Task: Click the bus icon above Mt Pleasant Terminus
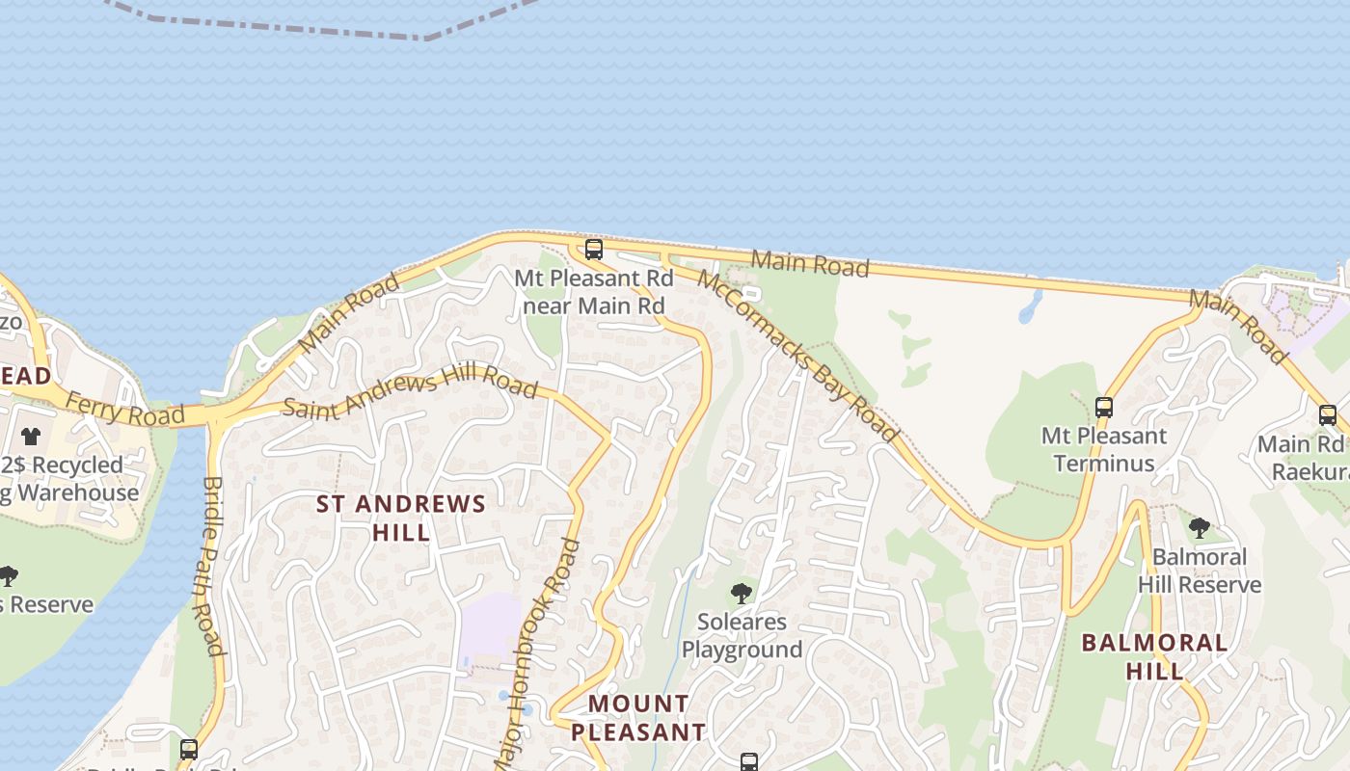(x=1104, y=408)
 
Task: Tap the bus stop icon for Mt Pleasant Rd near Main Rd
(x=594, y=250)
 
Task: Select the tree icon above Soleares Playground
(x=742, y=594)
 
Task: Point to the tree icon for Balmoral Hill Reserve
(x=1200, y=528)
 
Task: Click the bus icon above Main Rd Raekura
(x=1328, y=415)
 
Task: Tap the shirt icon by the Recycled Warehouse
(x=31, y=437)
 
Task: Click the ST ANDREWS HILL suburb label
(x=401, y=518)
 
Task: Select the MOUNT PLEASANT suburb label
(x=638, y=718)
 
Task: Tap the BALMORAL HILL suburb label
(x=1154, y=656)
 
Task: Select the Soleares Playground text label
(x=742, y=636)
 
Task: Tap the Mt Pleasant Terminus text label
(x=1104, y=449)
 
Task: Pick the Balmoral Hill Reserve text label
(x=1200, y=571)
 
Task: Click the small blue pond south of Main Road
(x=1030, y=306)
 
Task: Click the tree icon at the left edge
(x=8, y=577)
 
